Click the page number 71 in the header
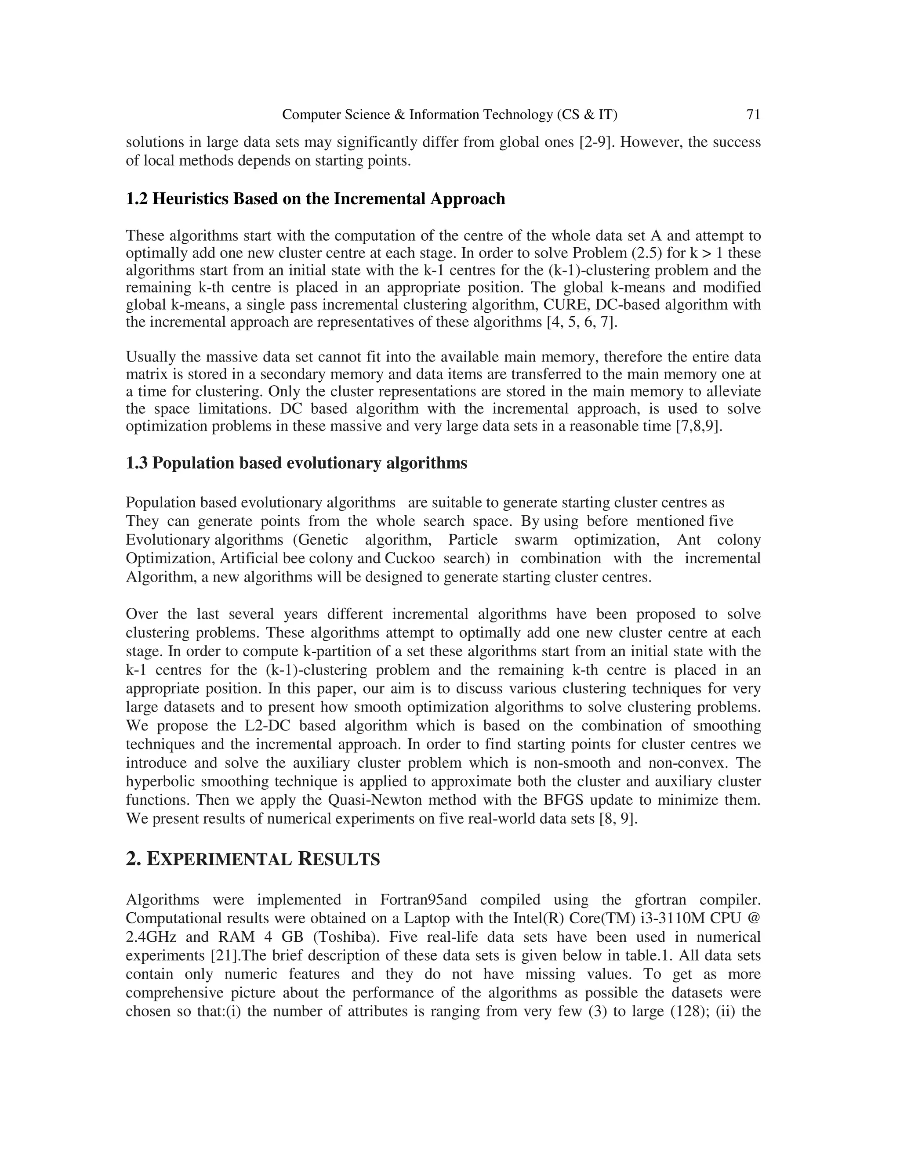pos(753,115)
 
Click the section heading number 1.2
pos(137,199)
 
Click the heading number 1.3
pos(137,463)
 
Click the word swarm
pos(535,540)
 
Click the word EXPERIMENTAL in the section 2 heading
pos(218,860)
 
